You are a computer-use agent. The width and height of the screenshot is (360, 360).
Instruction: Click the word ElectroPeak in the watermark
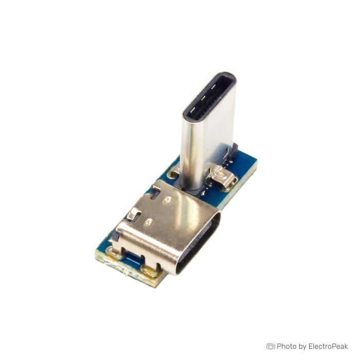pos(328,346)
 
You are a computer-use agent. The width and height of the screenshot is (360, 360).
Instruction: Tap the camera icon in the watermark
pos(271,346)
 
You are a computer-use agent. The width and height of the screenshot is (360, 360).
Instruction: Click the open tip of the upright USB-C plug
pos(209,97)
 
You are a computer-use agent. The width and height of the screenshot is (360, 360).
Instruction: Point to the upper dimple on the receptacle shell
pos(167,200)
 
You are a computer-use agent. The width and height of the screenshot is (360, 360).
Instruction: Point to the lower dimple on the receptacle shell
pos(148,222)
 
